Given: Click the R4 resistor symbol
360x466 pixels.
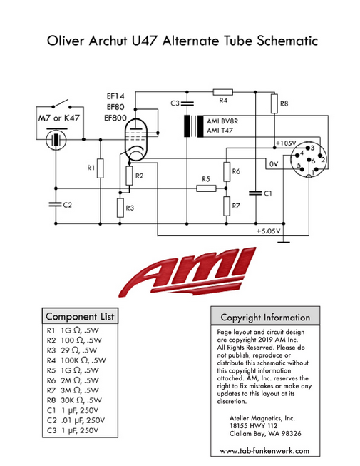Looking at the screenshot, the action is click(222, 92).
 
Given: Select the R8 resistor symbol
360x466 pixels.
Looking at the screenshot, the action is click(274, 103).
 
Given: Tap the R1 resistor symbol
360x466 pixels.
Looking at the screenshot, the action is click(101, 168).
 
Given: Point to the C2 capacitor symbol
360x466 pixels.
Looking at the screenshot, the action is click(56, 204).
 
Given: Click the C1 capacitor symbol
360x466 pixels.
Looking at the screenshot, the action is click(255, 193).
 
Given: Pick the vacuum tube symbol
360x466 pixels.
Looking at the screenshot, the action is click(136, 140).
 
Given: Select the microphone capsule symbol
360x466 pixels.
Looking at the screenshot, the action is click(56, 140).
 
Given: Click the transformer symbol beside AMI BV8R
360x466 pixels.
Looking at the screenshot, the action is click(193, 126).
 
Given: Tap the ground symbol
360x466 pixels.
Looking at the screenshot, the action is click(284, 242).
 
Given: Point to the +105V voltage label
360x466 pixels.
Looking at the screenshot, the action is click(286, 143).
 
